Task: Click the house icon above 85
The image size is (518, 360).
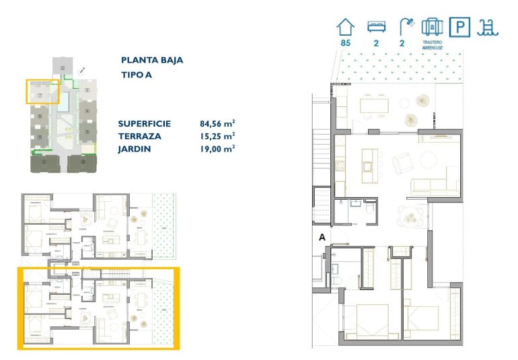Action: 345,27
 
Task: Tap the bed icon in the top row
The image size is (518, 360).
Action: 375,27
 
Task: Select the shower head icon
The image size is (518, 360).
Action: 406,27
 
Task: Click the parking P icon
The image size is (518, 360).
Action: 460,27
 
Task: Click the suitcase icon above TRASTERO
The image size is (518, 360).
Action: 432,27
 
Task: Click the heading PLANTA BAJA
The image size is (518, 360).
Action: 152,60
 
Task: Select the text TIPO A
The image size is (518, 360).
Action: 137,75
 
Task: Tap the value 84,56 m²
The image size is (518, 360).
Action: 217,124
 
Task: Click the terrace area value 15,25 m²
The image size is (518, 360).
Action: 217,136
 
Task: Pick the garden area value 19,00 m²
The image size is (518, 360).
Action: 217,149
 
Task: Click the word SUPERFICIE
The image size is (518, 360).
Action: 144,124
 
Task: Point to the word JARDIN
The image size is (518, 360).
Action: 134,149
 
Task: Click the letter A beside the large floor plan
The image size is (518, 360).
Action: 322,237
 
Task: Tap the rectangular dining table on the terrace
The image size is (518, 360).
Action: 374,104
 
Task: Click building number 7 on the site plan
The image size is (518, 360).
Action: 40,96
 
